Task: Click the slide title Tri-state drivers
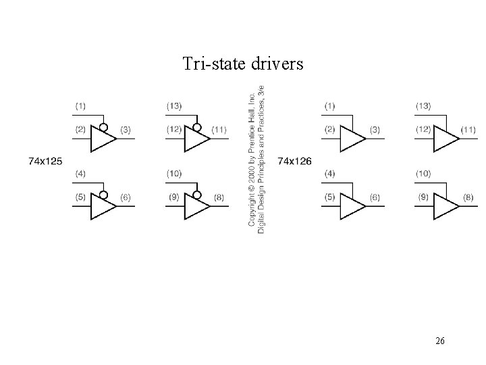243,64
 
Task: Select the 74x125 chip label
45,161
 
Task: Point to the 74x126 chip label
295,161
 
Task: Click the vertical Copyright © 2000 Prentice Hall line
252,161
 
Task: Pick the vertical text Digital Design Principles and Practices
262,161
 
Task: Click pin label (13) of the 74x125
174,105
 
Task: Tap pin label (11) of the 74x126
468,129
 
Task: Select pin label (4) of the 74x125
80,174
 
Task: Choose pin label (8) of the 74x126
468,197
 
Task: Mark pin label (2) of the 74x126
329,129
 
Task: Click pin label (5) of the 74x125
80,197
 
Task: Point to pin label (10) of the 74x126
424,174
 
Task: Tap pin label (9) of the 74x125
174,197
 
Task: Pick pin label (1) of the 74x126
329,105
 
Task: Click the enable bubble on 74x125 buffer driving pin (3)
102,127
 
